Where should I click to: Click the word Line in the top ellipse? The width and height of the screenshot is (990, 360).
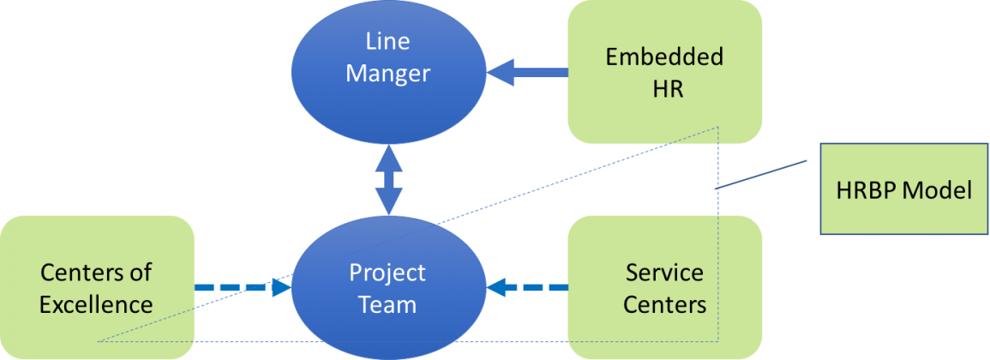click(x=387, y=42)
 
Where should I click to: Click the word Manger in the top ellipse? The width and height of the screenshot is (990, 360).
click(x=387, y=74)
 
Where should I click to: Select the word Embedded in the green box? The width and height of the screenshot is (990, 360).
click(x=664, y=57)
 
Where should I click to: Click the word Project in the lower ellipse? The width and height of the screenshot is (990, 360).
click(x=387, y=273)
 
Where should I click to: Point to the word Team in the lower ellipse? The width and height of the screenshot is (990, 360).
click(x=387, y=303)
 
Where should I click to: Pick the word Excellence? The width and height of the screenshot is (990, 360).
click(x=97, y=303)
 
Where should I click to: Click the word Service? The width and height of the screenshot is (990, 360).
click(x=664, y=273)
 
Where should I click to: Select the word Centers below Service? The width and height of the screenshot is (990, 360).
click(x=664, y=303)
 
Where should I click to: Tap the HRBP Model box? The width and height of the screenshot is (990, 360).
click(x=903, y=189)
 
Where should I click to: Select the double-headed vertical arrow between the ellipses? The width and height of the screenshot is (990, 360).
click(x=388, y=180)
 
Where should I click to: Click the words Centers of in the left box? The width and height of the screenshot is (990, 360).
click(x=97, y=273)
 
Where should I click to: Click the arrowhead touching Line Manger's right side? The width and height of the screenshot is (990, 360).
click(x=500, y=72)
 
